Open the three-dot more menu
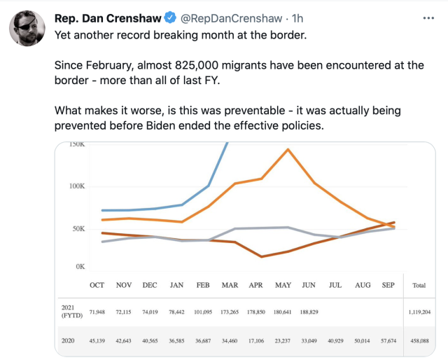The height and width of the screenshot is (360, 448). (x=428, y=17)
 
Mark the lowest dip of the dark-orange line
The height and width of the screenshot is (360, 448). (x=262, y=256)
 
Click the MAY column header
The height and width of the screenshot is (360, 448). (x=283, y=285)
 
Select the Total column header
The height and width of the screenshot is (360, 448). (x=419, y=286)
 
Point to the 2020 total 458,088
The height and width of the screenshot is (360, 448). (x=420, y=340)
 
